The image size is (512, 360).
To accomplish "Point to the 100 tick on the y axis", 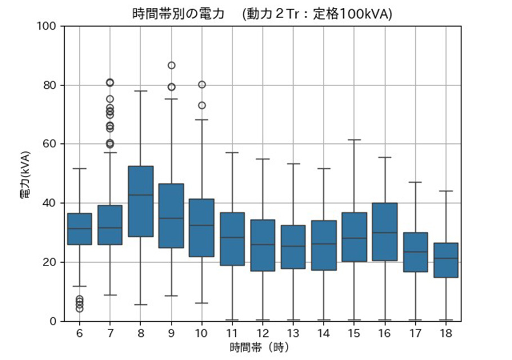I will point(48,26).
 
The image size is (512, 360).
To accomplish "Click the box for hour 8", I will point(140,201).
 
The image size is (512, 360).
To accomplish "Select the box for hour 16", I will point(384,232).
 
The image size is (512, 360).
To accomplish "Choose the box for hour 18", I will point(446,260).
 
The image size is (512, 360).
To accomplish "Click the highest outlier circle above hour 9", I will point(171,65).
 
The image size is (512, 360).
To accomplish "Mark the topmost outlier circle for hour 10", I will point(201,85).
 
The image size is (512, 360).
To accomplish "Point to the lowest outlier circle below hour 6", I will point(79,308).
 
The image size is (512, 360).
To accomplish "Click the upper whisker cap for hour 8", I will point(140,91).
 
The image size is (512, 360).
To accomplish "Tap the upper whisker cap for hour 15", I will point(354,139).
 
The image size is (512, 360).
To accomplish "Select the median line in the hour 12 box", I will point(262,245).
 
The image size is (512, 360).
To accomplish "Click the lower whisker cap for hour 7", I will point(110,295).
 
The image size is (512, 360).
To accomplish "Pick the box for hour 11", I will point(232,239).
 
